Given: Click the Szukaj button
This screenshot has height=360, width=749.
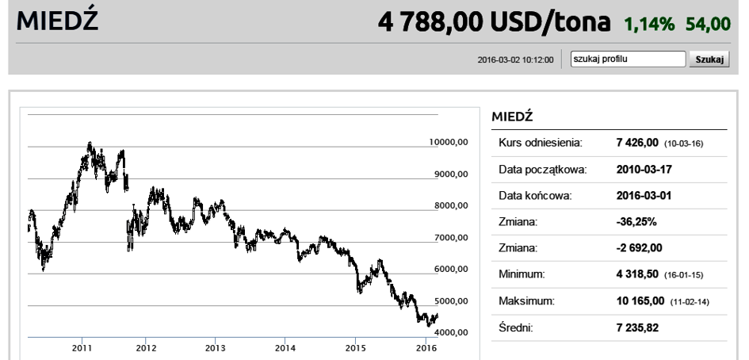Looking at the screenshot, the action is [709, 59].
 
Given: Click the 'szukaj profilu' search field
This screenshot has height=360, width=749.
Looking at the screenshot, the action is [629, 59].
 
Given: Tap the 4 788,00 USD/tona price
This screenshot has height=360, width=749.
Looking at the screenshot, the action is [494, 22].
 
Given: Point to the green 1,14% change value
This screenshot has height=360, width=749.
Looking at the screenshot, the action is [649, 24].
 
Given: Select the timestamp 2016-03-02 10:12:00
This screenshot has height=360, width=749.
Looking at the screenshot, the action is [515, 59].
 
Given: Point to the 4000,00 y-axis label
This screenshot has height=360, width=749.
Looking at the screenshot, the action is [451, 332].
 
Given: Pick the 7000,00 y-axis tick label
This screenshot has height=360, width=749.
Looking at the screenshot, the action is [451, 237].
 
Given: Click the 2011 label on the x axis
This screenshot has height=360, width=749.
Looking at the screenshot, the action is [82, 347].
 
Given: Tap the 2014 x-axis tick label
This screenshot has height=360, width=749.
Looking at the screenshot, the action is [285, 347].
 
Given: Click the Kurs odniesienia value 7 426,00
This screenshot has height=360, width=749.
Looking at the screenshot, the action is [637, 143].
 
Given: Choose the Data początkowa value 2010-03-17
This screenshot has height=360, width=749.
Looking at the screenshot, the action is [644, 169].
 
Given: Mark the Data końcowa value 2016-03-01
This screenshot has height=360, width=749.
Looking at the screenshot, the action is [644, 196].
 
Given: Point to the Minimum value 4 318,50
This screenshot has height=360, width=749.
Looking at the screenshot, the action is [637, 274].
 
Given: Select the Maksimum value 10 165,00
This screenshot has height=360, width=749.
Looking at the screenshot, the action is [640, 301].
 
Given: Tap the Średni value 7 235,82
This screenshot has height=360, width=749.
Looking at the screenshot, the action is [637, 327].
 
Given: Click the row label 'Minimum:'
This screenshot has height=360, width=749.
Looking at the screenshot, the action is [522, 274].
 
